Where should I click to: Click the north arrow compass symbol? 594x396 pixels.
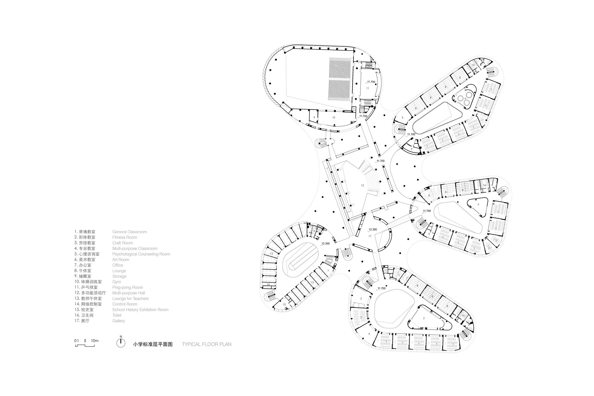coord(121,343)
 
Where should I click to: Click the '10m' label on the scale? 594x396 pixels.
coord(95,341)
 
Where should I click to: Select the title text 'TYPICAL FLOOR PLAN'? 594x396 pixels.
coord(206,344)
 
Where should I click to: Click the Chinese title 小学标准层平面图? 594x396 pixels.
coord(153,344)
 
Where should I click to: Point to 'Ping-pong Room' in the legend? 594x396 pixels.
coord(128,287)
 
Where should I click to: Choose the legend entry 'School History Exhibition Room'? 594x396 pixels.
coord(140,310)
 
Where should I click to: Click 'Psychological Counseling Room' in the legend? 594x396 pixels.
coord(141,254)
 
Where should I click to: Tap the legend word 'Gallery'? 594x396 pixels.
coord(119,321)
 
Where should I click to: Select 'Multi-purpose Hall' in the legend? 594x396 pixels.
coord(129,293)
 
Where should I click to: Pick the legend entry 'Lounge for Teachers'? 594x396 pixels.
coord(130,299)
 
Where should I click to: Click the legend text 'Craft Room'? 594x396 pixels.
coord(123,243)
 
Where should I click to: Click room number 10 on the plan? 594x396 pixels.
coord(334,118)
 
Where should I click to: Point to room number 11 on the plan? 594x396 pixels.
coord(368,88)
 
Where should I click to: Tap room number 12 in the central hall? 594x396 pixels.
coord(362,186)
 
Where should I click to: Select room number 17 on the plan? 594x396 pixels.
coord(370,236)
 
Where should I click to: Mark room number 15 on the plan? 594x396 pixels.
coord(284,305)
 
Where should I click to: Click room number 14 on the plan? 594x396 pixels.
coord(268,284)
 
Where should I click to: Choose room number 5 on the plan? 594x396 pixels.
coord(402,118)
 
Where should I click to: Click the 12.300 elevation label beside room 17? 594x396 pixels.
coord(373,229)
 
